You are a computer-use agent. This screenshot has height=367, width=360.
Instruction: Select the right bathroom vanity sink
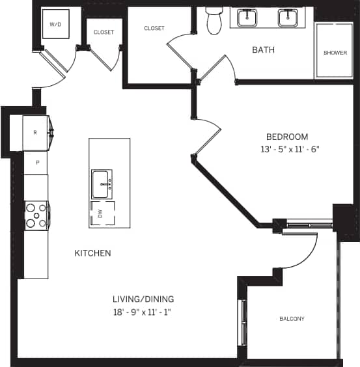click(288, 18)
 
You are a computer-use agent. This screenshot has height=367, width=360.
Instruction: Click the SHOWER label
click(335, 53)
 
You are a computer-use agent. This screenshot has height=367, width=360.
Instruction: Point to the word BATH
click(263, 49)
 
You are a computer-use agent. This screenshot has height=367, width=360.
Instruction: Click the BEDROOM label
click(286, 137)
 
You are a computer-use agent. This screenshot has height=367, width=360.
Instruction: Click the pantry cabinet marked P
click(37, 163)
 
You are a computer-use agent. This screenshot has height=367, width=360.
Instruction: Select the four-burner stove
click(36, 215)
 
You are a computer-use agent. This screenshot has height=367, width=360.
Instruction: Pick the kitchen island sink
click(102, 183)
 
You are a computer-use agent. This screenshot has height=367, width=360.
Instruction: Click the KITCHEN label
click(92, 252)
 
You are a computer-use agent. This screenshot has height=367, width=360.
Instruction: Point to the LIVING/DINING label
click(144, 299)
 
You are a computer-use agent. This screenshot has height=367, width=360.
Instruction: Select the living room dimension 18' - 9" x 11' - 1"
click(144, 312)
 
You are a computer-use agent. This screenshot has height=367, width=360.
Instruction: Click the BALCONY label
click(292, 319)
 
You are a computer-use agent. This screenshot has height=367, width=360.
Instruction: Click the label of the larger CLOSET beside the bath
click(154, 29)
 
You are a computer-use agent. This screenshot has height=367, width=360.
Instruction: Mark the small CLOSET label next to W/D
click(104, 32)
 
